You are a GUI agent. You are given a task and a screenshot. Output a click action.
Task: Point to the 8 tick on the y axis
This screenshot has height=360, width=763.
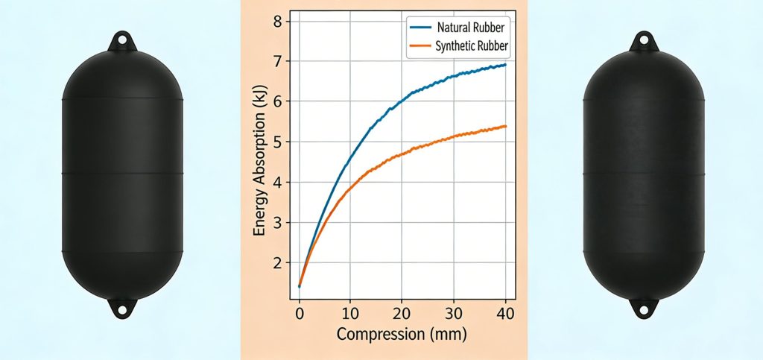pyautogui.click(x=277, y=21)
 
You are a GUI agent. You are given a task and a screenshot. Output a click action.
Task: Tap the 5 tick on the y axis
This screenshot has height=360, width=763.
pyautogui.click(x=277, y=142)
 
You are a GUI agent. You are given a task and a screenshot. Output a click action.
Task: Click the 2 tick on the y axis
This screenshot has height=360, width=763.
pyautogui.click(x=277, y=263)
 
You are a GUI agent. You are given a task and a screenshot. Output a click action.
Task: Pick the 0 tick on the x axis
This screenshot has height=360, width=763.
pyautogui.click(x=299, y=313)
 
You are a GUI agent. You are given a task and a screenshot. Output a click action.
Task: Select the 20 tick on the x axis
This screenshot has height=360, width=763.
pyautogui.click(x=402, y=313)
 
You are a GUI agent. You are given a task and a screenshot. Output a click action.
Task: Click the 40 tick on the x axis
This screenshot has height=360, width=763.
pyautogui.click(x=506, y=313)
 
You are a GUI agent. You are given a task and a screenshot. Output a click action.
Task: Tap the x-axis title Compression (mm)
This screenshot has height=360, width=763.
pyautogui.click(x=402, y=335)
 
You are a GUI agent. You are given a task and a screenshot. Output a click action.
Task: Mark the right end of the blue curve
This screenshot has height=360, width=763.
pyautogui.click(x=506, y=65)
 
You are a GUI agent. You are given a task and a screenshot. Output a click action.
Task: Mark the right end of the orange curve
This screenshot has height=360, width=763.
pyautogui.click(x=506, y=126)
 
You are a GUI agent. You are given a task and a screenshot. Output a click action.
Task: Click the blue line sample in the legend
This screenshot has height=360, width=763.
pyautogui.click(x=420, y=26)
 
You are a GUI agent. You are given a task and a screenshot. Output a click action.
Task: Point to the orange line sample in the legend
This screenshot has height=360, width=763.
pyautogui.click(x=420, y=46)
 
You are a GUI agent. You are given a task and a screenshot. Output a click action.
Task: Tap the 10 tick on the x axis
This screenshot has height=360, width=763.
pyautogui.click(x=351, y=313)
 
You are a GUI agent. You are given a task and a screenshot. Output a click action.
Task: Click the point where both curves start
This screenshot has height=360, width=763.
pyautogui.click(x=299, y=286)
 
